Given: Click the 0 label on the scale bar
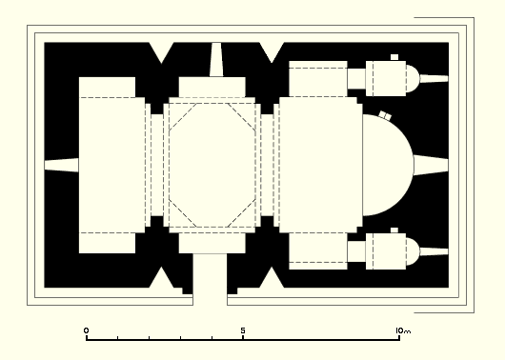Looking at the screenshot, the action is pyautogui.click(x=86, y=330).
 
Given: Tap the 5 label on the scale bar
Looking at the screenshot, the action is pyautogui.click(x=243, y=330).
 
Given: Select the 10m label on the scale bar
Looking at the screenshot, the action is pyautogui.click(x=403, y=330).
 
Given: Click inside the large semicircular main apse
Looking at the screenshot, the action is pyautogui.click(x=387, y=165).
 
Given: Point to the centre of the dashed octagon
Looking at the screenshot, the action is pyautogui.click(x=212, y=165).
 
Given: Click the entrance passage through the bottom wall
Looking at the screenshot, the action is pyautogui.click(x=210, y=279).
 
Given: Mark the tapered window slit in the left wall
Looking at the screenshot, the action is pyautogui.click(x=62, y=165).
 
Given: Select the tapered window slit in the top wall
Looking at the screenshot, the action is pyautogui.click(x=216, y=60).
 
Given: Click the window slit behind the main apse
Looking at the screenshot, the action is pyautogui.click(x=431, y=165).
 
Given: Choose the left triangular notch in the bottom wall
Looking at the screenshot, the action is pyautogui.click(x=162, y=278).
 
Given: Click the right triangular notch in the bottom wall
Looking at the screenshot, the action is pyautogui.click(x=272, y=278).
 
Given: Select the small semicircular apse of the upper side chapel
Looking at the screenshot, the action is pyautogui.click(x=413, y=78).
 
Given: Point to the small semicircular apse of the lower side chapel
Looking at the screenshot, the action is pyautogui.click(x=413, y=251).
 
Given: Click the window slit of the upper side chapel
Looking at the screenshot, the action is pyautogui.click(x=434, y=78).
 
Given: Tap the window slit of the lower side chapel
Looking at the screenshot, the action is pyautogui.click(x=434, y=251).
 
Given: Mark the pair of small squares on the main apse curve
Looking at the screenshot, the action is pyautogui.click(x=385, y=115).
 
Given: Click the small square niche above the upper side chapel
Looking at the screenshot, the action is pyautogui.click(x=394, y=57).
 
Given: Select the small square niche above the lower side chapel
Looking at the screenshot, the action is pyautogui.click(x=394, y=230).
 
